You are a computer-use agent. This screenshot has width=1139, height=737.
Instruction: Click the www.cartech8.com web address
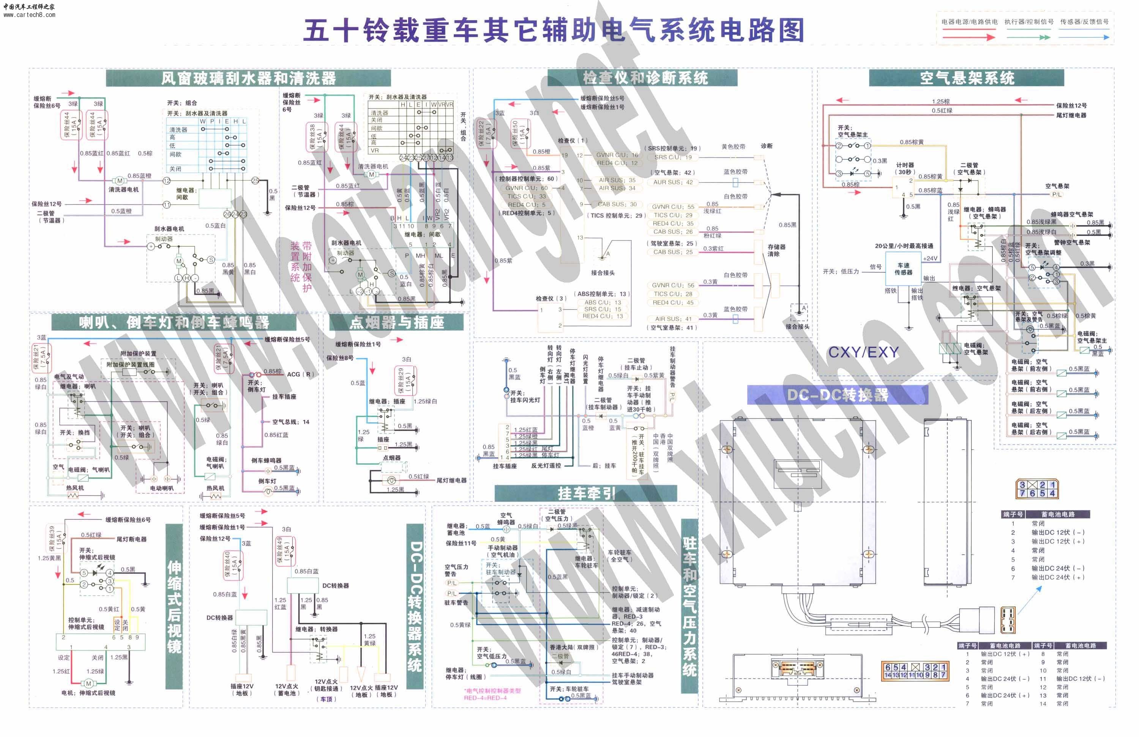tap(29, 15)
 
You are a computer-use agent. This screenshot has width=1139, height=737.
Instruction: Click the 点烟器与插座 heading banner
tap(396, 322)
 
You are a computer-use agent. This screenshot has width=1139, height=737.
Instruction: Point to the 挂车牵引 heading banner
tap(586, 493)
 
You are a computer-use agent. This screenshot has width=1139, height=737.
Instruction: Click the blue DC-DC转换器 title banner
tap(838, 395)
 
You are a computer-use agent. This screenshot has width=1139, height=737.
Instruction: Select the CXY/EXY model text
tap(864, 352)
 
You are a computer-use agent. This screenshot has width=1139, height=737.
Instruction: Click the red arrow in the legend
tap(969, 37)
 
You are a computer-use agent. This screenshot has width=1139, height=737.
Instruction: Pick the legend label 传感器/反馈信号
tap(1084, 22)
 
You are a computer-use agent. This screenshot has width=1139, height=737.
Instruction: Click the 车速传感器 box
tap(904, 269)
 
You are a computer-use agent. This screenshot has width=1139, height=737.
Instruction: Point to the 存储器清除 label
tap(776, 250)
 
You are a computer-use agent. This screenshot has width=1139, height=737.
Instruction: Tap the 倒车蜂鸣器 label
tap(266, 460)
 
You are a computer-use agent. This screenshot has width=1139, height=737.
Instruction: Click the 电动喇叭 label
tap(162, 488)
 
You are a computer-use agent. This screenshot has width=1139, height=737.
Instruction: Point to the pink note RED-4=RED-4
tap(485, 698)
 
